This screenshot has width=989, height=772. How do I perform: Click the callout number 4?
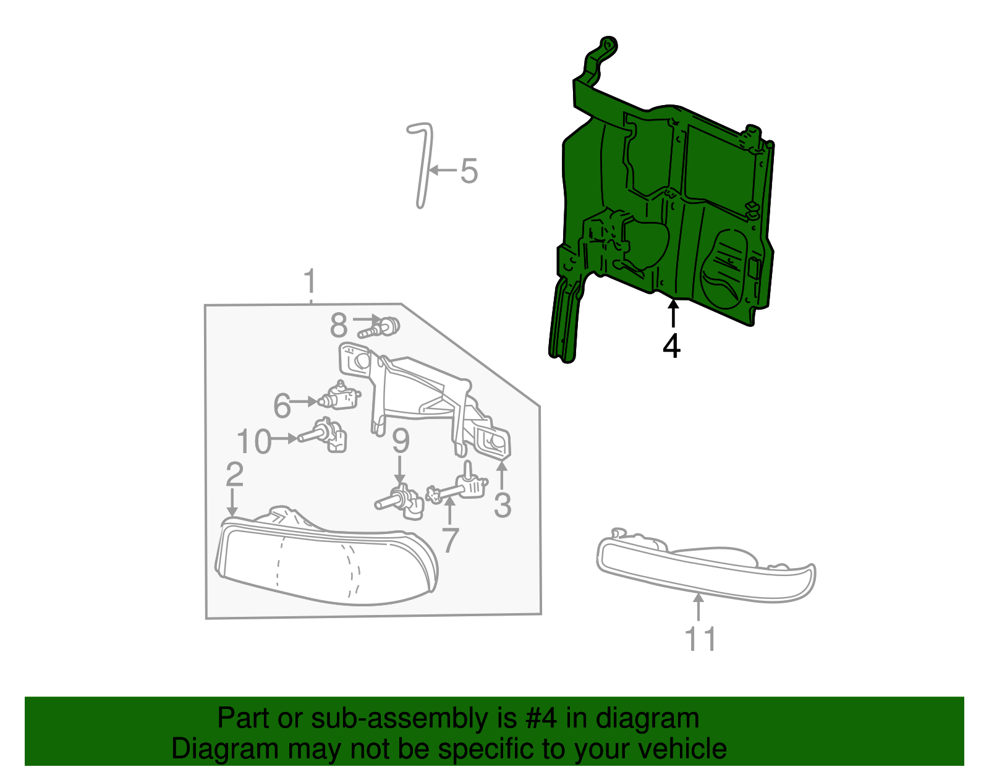tap(671, 346)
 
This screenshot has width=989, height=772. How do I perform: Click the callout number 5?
tap(469, 171)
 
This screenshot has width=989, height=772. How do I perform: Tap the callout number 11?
tap(700, 639)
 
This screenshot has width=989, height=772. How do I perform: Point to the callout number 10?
tap(254, 441)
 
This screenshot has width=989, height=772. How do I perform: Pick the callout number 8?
tap(339, 325)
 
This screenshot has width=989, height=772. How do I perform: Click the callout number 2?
tap(234, 475)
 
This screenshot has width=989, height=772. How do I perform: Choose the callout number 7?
tap(451, 540)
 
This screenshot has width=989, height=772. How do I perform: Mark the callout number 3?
tap(502, 505)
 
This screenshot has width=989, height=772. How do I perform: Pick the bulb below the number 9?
tap(402, 499)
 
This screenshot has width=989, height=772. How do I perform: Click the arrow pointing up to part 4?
tap(673, 313)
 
